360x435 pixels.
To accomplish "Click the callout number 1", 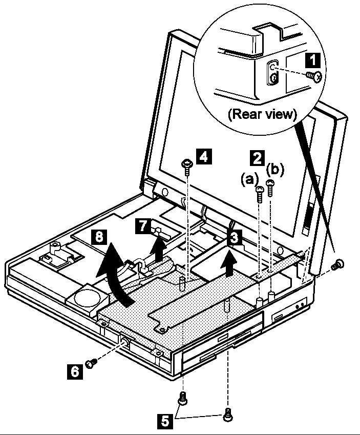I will pyautogui.click(x=310, y=61).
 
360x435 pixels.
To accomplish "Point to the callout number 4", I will pyautogui.click(x=203, y=156).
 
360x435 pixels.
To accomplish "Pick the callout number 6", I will pyautogui.click(x=75, y=370).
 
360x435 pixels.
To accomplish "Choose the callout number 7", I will pyautogui.click(x=143, y=226).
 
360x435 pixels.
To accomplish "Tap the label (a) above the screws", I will pyautogui.click(x=249, y=180).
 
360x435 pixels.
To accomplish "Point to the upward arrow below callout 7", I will pyautogui.click(x=160, y=248).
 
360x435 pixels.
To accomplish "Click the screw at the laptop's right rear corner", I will pyautogui.click(x=337, y=265).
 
